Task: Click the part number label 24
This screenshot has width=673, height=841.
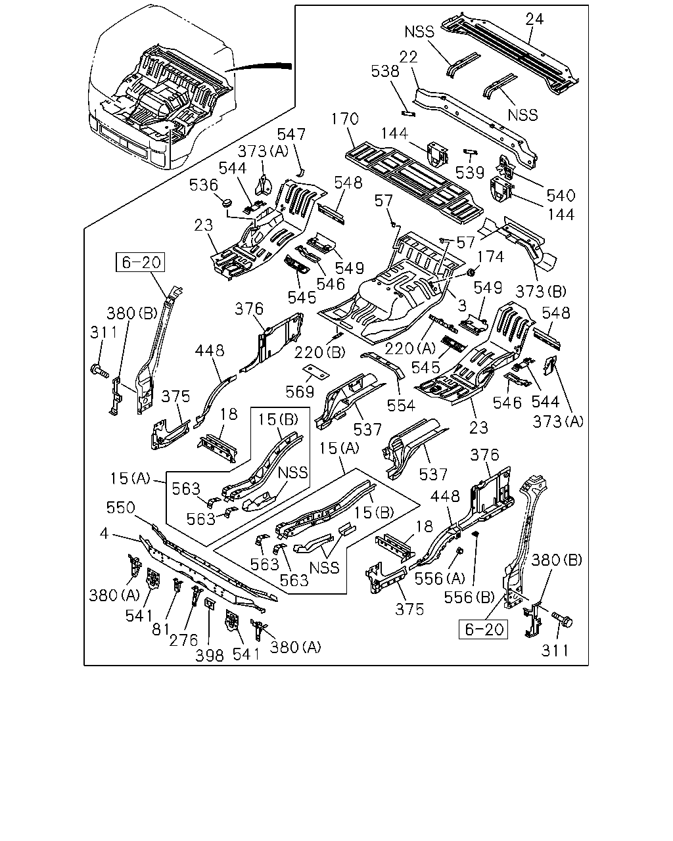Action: tap(534, 19)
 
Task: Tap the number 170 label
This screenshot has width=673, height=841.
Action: tap(345, 119)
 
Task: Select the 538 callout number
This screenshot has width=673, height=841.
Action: tap(385, 71)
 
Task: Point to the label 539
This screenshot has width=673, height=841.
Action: tap(471, 172)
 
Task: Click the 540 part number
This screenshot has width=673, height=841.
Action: tap(561, 195)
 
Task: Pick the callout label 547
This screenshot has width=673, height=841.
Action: tap(291, 135)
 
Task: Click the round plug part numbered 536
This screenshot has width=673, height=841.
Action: tap(227, 203)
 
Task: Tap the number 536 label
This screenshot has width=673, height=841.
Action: tap(204, 185)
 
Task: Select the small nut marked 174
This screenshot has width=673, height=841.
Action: tap(471, 271)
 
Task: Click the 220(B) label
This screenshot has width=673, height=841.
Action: tap(320, 353)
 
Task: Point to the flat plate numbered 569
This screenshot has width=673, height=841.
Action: tap(316, 372)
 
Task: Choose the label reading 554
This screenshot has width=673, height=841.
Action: tap(401, 405)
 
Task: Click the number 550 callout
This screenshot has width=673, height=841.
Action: tap(121, 508)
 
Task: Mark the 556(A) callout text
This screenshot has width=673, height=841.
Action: tap(440, 578)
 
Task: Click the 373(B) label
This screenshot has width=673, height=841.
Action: tap(541, 292)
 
